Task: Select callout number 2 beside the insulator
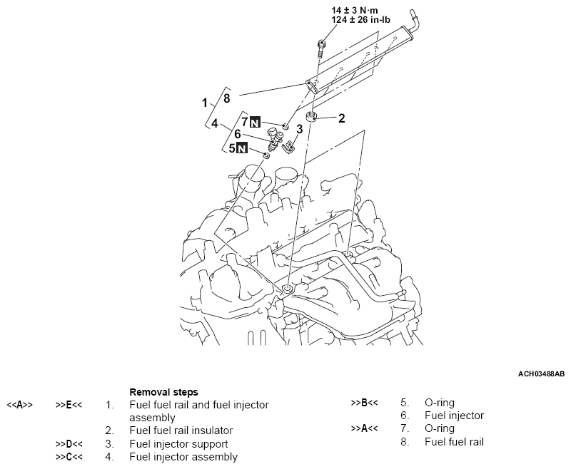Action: [x=341, y=118]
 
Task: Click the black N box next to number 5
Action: [x=242, y=149]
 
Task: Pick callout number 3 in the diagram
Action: [x=300, y=129]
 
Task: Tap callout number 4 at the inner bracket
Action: [x=214, y=123]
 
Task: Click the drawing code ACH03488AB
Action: [x=540, y=373]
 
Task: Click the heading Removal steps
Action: [x=164, y=392]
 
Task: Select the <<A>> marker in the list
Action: [x=19, y=405]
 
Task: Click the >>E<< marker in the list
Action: [x=69, y=405]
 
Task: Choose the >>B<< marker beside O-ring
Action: [x=363, y=403]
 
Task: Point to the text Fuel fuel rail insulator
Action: [x=181, y=431]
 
